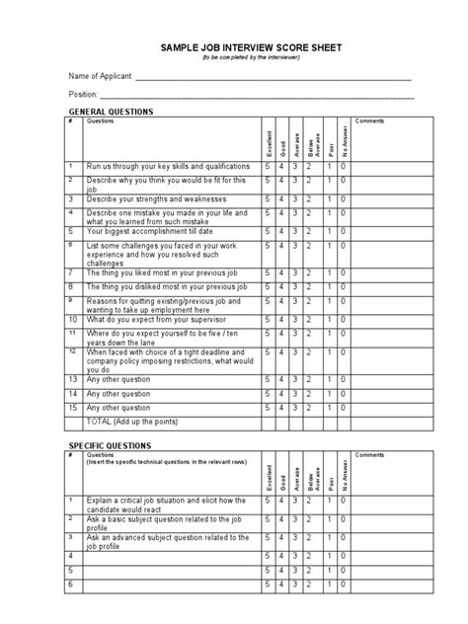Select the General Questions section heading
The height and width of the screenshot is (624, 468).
coord(110,113)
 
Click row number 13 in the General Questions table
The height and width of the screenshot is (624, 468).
coord(72,379)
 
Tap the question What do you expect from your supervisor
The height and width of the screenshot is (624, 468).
coord(162,320)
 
